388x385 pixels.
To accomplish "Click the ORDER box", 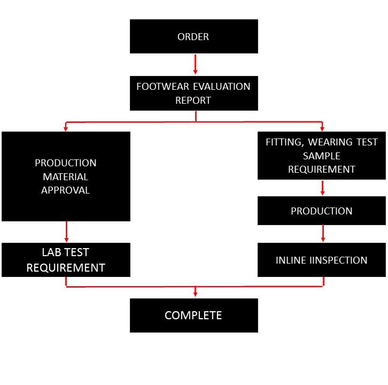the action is [194, 36].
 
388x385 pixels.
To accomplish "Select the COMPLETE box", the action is [194, 315].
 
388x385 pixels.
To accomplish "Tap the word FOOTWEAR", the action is [163, 87].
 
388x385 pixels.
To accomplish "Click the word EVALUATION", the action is [222, 87].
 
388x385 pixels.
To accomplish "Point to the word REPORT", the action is [193, 101].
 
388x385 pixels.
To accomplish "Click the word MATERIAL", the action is [65, 177].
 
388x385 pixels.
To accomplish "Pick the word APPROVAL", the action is [65, 190].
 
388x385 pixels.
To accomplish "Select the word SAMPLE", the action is [321, 156].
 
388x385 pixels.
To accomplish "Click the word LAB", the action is [51, 252].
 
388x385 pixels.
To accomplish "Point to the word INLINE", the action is [291, 260].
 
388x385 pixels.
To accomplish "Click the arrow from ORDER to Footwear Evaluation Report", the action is [195, 64].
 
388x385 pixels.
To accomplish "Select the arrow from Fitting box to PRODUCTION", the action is [322, 188].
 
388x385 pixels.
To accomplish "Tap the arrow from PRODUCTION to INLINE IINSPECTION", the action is [323, 233].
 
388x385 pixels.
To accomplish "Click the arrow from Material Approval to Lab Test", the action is [67, 232].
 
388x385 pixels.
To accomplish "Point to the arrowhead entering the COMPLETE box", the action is [195, 295].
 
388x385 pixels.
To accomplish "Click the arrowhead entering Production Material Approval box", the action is [66, 129].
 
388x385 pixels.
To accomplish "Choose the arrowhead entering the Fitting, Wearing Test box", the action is [322, 129].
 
